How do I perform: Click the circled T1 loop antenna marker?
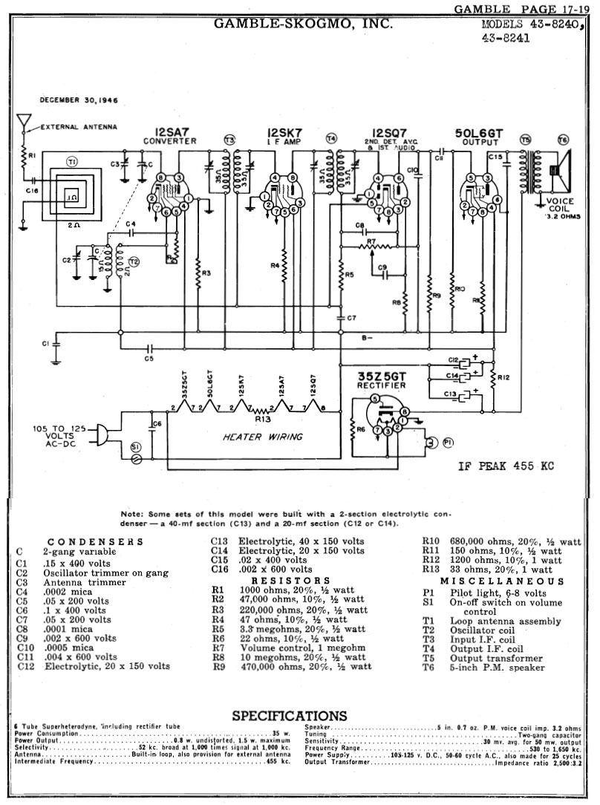[x=72, y=161]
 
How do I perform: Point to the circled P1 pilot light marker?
[x=448, y=442]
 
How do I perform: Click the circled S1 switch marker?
[x=134, y=446]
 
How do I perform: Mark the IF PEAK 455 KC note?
[x=506, y=467]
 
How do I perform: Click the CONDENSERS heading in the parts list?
[x=94, y=542]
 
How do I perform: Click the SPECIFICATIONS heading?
[x=290, y=716]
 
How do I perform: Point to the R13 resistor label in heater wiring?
[x=261, y=419]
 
